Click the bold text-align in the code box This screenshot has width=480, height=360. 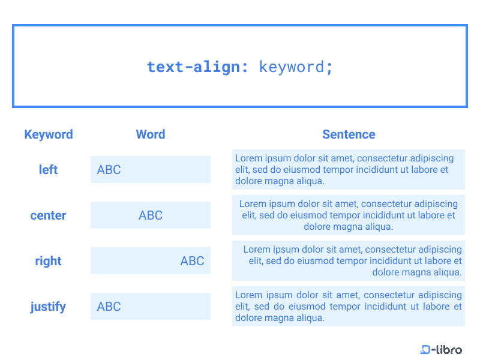[193, 67]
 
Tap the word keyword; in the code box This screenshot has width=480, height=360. [296, 67]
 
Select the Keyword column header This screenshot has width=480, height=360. [49, 134]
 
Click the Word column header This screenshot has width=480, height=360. [151, 134]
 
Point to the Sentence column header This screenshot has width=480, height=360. [349, 134]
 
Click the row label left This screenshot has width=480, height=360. [48, 170]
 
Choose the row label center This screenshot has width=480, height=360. [48, 215]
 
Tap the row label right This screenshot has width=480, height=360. [48, 261]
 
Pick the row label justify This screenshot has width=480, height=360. [48, 307]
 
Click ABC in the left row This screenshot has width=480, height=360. [109, 170]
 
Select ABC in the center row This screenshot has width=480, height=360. [151, 215]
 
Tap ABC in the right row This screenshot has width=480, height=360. [192, 261]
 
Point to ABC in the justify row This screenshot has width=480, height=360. [109, 307]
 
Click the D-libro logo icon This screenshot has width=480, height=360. [427, 349]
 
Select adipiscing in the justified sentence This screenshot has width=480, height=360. [437, 295]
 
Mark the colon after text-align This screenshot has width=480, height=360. [245, 67]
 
